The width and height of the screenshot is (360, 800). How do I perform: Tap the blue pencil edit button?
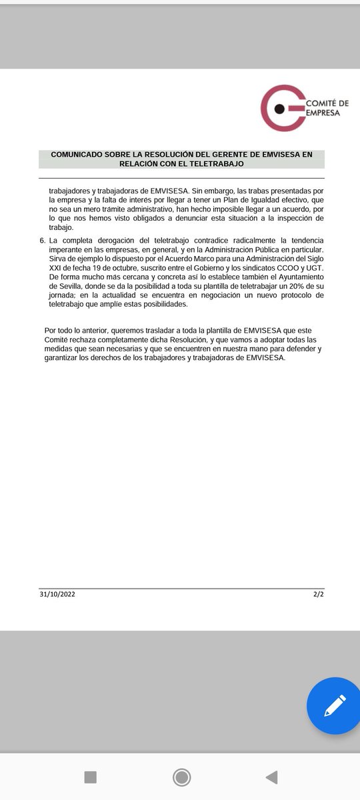coord(334,705)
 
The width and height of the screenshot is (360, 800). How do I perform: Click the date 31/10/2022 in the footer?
coord(57,593)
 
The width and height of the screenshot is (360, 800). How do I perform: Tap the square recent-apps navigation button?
coord(91,777)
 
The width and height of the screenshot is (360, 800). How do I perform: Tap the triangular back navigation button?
coord(271,777)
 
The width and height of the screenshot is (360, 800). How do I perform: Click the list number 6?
coord(42,239)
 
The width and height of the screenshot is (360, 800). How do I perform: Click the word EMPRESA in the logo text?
coord(323,113)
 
